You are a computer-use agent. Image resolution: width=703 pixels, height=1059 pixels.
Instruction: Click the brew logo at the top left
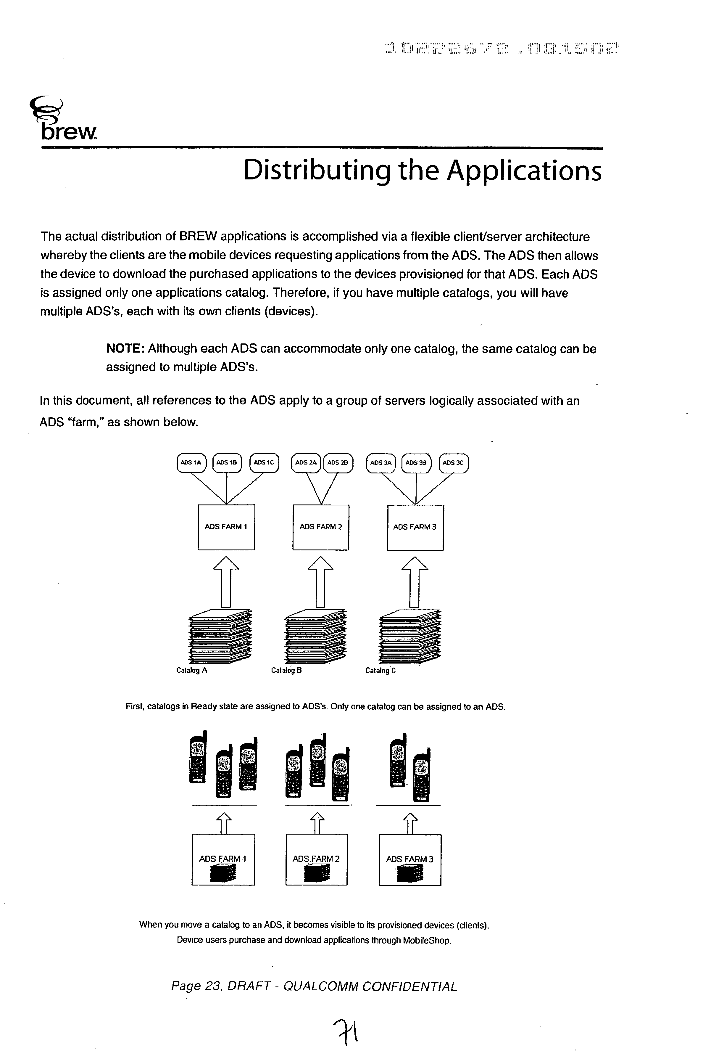[x=63, y=120]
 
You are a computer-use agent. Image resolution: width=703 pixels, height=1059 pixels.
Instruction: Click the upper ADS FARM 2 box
[x=320, y=527]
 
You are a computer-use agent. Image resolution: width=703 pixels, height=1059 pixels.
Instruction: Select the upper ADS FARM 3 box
[x=415, y=527]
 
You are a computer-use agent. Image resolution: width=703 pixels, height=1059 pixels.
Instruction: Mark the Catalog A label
[x=191, y=671]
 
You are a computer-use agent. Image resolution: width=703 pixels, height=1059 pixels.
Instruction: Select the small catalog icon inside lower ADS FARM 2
[x=317, y=872]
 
